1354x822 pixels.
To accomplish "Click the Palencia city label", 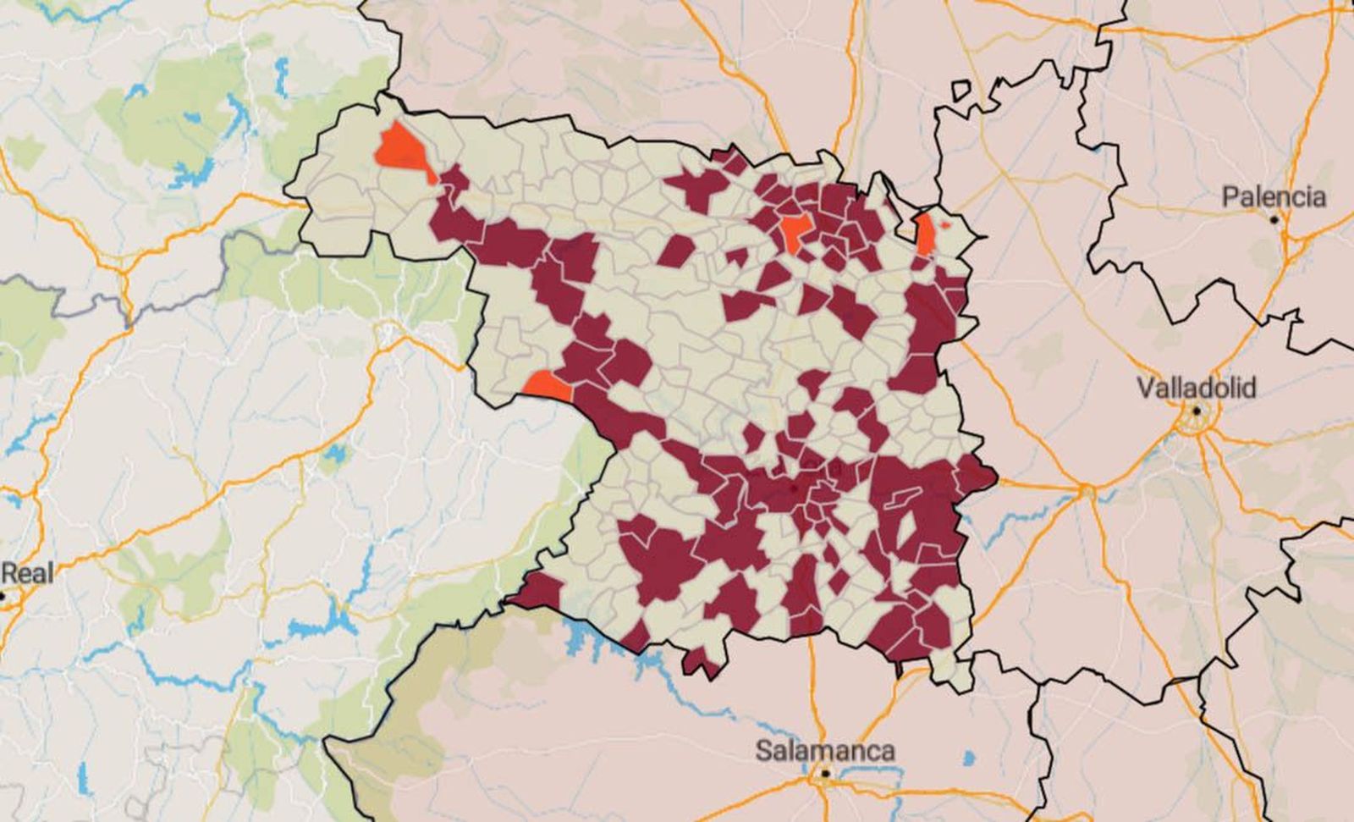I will tap(1274, 197).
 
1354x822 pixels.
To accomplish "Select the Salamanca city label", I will tap(824, 750).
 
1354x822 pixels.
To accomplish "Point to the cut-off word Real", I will tap(26, 573).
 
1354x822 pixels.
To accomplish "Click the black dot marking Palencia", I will tap(1274, 218).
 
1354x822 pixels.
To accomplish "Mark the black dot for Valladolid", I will tap(1197, 411).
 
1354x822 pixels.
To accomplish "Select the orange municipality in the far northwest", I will tap(401, 149).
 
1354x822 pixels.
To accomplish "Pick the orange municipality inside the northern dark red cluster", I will tap(796, 230).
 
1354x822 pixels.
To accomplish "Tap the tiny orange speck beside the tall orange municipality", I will tap(945, 226).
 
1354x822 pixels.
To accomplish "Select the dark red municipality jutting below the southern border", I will tap(702, 662).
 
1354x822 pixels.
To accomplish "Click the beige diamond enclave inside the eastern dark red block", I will tap(906, 529).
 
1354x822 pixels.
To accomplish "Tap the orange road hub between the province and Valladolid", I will tap(1087, 490).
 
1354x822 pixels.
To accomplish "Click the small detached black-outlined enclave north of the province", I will tap(961, 90).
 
